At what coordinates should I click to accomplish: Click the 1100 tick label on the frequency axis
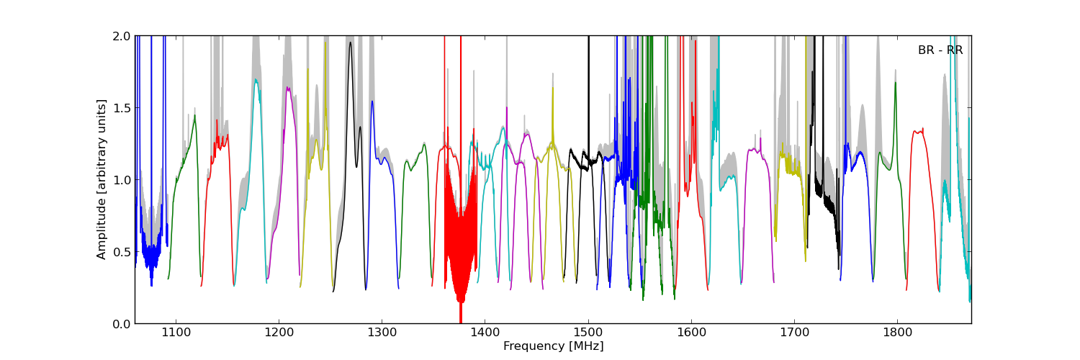click(176, 333)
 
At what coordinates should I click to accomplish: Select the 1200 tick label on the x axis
click(279, 333)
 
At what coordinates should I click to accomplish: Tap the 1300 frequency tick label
click(382, 333)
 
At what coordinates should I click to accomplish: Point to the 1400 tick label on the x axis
click(485, 333)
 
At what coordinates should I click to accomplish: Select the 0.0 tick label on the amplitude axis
click(122, 324)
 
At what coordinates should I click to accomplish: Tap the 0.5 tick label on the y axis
click(122, 252)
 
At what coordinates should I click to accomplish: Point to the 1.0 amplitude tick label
click(122, 180)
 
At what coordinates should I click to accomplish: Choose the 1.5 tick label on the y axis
click(122, 108)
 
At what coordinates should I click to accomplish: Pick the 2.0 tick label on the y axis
click(122, 36)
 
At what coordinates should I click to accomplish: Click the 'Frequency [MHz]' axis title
click(553, 346)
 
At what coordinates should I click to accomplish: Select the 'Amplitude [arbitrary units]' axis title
click(102, 179)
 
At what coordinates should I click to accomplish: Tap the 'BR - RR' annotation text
click(940, 50)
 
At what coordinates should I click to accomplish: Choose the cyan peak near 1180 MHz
click(256, 81)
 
